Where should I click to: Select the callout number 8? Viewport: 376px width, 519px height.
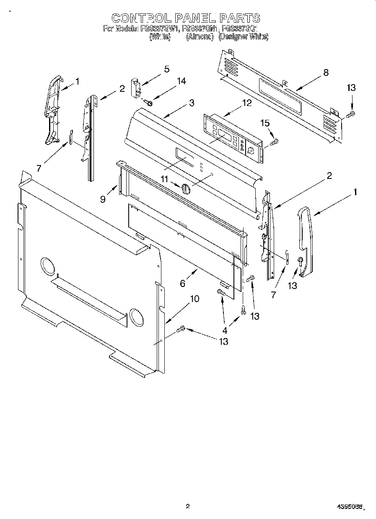pos(326,72)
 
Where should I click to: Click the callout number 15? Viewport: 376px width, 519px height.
pos(265,124)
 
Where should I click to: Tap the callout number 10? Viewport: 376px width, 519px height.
pos(194,299)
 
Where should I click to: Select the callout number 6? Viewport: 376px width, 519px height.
pos(182,284)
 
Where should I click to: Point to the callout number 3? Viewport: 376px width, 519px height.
pos(192,103)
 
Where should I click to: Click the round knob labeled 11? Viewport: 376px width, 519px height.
pos(186,189)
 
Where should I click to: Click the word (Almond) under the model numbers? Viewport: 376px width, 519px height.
pos(200,37)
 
